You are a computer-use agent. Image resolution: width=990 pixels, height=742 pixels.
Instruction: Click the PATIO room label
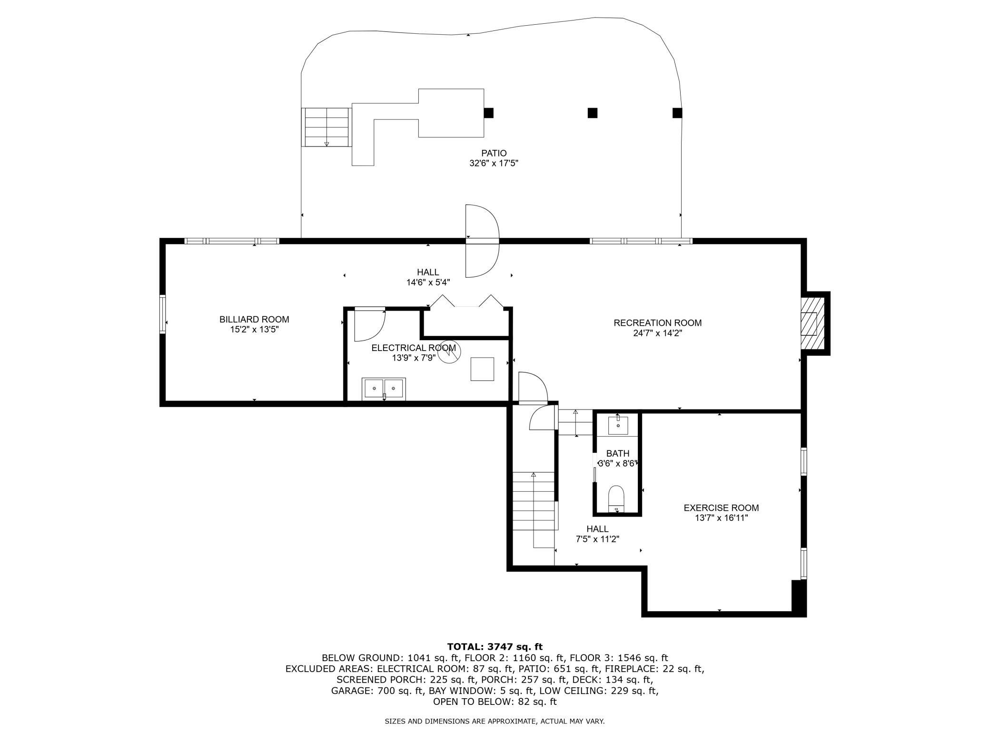click(494, 153)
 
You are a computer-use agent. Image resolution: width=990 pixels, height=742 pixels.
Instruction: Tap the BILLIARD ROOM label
click(254, 320)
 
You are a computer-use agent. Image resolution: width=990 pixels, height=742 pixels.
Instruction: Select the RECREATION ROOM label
click(657, 323)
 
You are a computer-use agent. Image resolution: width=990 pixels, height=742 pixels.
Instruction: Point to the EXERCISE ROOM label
click(721, 508)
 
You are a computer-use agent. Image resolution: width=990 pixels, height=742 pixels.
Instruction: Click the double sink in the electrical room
click(384, 389)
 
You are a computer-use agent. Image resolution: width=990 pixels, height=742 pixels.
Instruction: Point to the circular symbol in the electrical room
click(449, 352)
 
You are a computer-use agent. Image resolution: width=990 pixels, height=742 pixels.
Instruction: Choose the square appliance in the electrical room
click(482, 369)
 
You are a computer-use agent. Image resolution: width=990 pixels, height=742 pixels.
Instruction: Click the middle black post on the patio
click(592, 113)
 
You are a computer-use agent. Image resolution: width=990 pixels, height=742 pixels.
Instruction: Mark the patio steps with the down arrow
click(326, 127)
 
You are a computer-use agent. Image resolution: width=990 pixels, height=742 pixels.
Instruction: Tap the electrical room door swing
click(370, 324)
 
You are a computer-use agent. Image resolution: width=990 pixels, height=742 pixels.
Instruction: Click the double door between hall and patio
click(483, 241)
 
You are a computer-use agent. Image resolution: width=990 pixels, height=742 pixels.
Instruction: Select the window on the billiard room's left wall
click(163, 314)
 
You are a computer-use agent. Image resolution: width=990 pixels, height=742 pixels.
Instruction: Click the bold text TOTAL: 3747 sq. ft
click(495, 646)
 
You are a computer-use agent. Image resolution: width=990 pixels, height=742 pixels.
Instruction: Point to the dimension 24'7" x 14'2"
click(657, 333)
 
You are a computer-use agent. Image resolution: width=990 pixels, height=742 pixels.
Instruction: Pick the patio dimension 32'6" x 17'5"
click(494, 163)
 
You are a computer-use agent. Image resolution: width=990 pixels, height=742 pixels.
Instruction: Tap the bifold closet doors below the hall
click(466, 302)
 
